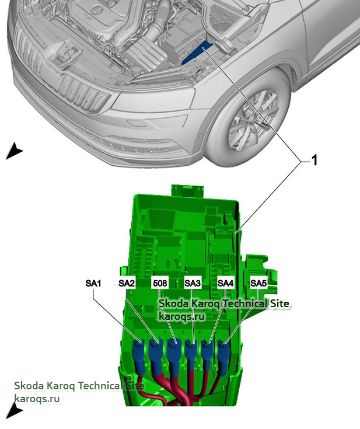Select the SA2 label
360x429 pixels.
click(x=127, y=283)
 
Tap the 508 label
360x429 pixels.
click(x=160, y=283)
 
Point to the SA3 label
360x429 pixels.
click(x=193, y=283)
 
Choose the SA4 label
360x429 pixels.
click(x=226, y=283)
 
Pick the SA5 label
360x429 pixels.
click(x=258, y=283)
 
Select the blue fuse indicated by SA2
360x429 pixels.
click(x=156, y=352)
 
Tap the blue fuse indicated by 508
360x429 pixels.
click(x=173, y=352)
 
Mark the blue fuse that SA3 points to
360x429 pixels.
click(x=191, y=352)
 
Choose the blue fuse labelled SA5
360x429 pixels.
click(x=225, y=352)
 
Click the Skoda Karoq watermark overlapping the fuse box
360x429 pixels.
click(x=224, y=304)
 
